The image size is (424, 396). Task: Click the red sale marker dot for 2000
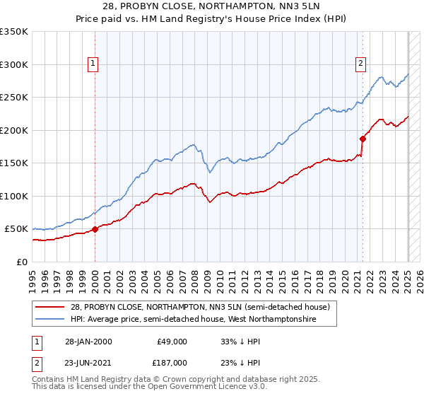95,229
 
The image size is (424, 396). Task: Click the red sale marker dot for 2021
363,139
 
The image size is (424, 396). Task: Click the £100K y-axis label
15,196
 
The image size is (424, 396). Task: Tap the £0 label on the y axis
23,262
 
